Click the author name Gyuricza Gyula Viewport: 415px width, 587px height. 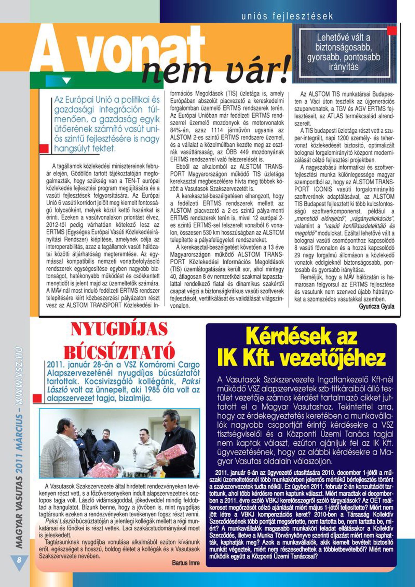(x=377, y=306)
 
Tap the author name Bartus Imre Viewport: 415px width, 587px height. (x=186, y=563)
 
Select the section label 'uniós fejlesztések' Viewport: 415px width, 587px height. (x=287, y=16)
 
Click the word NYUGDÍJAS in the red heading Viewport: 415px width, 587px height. (x=119, y=330)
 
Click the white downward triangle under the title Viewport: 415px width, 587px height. (x=67, y=81)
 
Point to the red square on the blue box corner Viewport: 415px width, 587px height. (x=392, y=30)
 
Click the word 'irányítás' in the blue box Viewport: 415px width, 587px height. (x=344, y=67)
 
